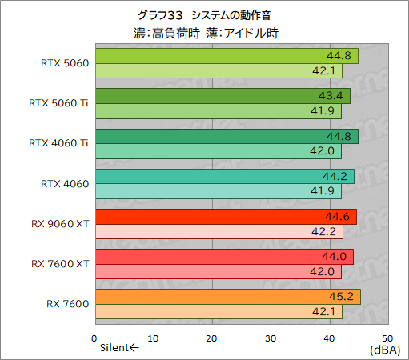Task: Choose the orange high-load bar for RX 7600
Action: [227, 298]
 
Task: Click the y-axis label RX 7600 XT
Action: [61, 264]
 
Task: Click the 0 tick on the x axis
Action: [94, 338]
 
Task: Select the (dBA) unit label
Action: [386, 350]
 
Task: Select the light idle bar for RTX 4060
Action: [216, 192]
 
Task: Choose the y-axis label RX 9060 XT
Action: [61, 224]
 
